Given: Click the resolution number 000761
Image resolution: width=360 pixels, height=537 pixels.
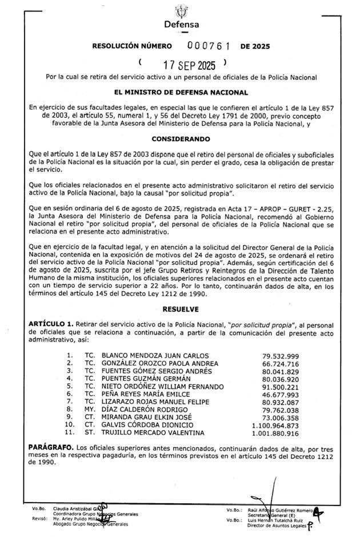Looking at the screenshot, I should coord(203,46).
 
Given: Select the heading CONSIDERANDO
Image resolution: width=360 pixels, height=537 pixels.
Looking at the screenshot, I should coord(181,139).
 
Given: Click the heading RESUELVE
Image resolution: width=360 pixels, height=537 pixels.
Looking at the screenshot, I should coord(181,309).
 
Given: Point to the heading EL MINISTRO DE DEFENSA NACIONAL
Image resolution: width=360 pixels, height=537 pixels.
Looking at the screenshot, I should coord(181,93).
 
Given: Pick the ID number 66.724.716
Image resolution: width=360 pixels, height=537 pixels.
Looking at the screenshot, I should coord(280,363).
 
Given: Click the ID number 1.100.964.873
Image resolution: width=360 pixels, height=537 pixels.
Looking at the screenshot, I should coord(274,425).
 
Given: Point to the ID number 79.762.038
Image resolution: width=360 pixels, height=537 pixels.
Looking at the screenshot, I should coord(280,409).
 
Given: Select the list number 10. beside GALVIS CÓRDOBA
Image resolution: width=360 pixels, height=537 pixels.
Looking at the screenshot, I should coord(70,425).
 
